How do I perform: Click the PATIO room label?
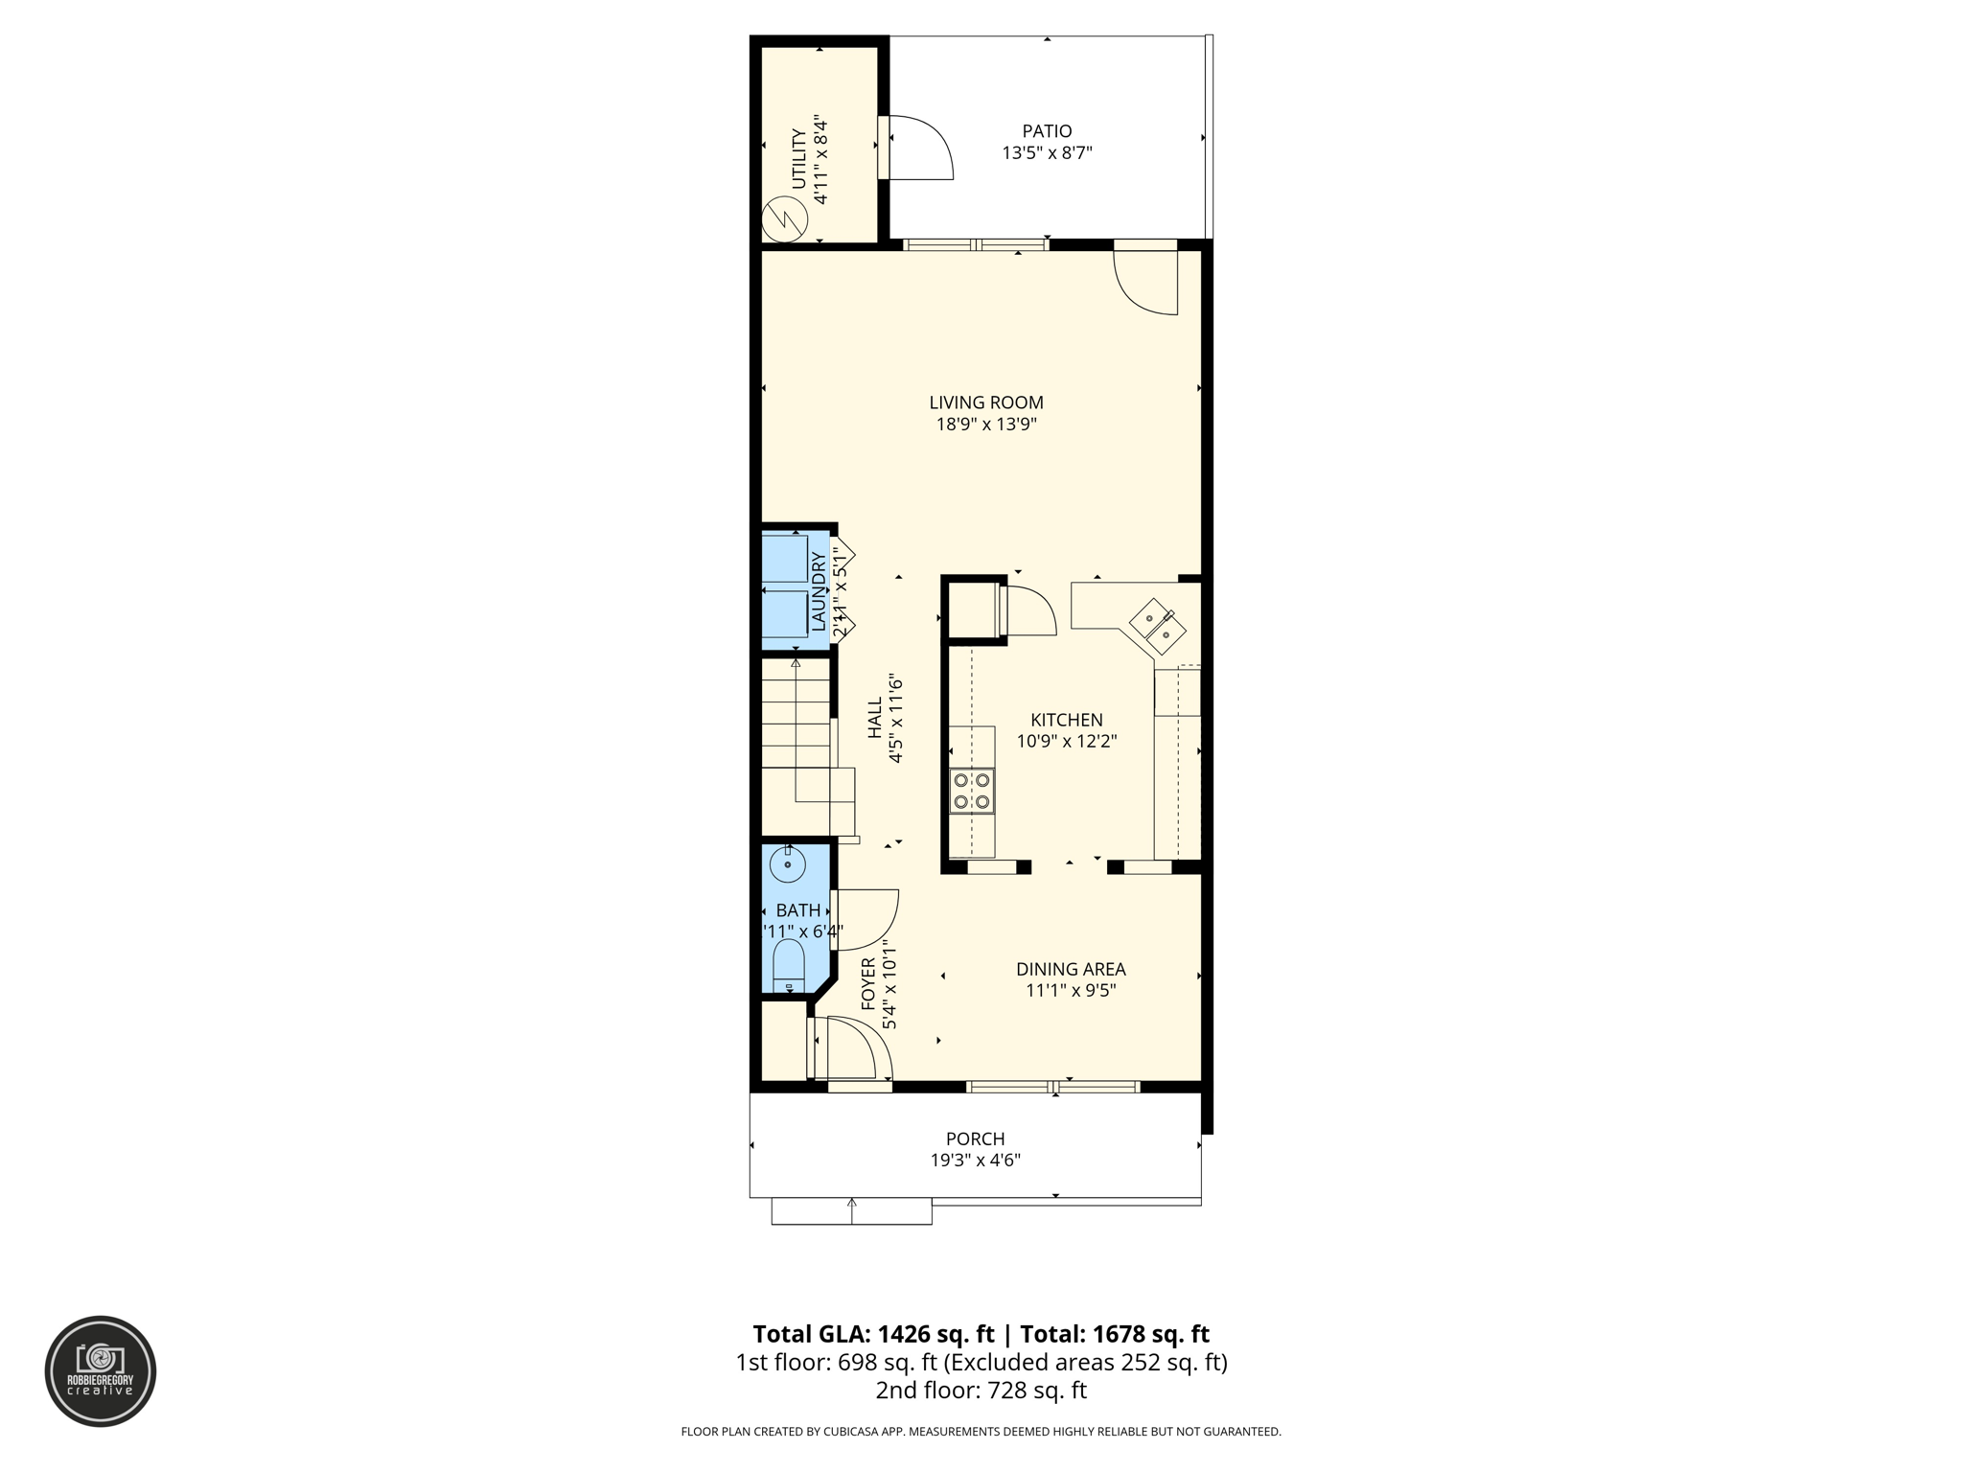click(x=1047, y=131)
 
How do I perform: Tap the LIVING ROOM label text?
click(x=986, y=402)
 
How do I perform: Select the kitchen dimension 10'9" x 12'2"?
click(x=1067, y=741)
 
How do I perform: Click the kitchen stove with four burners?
click(x=972, y=791)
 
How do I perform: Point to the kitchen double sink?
click(x=1158, y=626)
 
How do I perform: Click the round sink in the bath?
click(x=787, y=864)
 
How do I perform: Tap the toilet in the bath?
click(x=788, y=966)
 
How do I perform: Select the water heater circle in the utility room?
click(x=785, y=220)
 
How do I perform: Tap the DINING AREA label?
click(x=1071, y=969)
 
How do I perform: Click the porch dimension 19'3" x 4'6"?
click(x=976, y=1161)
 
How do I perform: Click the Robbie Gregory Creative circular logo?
click(x=101, y=1370)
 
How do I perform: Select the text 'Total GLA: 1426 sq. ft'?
click(x=873, y=1334)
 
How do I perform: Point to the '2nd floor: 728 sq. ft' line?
click(x=981, y=1391)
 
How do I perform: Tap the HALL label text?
click(x=875, y=718)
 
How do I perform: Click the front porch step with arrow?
click(x=851, y=1211)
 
